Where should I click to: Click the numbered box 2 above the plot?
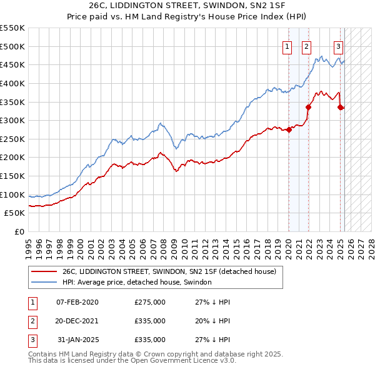coord(307,46)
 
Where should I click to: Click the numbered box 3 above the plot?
coord(338,46)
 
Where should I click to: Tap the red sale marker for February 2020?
coord(289,130)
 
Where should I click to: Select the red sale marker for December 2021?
coord(308,107)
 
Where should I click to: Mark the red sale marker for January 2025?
coord(341,107)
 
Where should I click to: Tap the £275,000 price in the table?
coord(150,302)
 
